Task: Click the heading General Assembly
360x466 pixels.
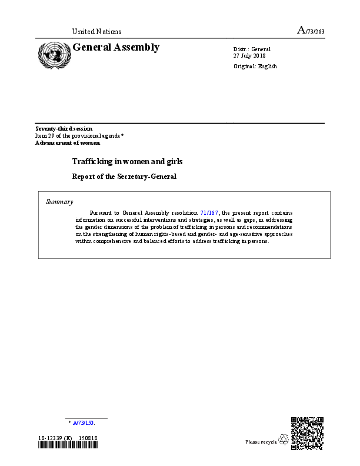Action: [115, 48]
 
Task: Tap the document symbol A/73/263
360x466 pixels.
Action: [311, 31]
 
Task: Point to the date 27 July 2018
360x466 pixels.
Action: [251, 55]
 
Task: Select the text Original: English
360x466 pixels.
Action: [255, 66]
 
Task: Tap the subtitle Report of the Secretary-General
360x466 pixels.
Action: [124, 176]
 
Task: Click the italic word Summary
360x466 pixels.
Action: [59, 202]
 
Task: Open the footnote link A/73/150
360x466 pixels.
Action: [84, 422]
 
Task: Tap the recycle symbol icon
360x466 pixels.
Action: [284, 440]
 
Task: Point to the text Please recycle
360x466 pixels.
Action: [261, 441]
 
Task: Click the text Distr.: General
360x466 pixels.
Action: [252, 48]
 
